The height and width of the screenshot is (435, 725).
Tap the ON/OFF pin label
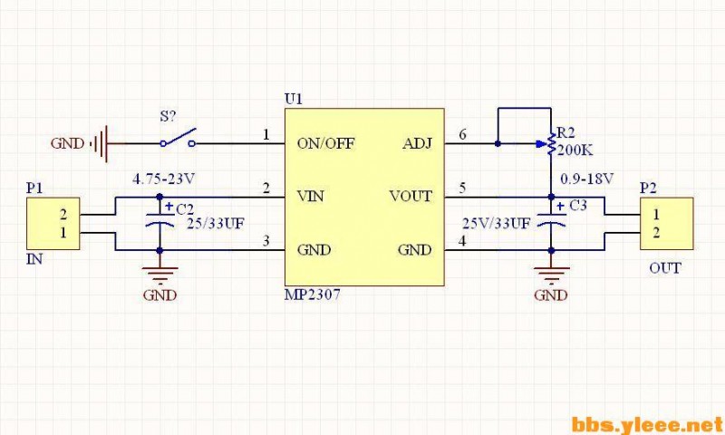click(x=325, y=143)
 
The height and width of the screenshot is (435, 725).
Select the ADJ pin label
click(x=416, y=143)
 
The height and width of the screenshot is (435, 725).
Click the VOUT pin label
click(x=411, y=196)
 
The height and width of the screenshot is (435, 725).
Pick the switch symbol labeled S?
click(x=179, y=140)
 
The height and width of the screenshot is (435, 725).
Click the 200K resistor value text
click(x=575, y=150)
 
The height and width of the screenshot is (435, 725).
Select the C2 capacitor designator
click(x=185, y=208)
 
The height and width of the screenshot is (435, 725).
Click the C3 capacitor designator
click(x=578, y=207)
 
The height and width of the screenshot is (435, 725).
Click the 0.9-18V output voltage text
click(x=588, y=178)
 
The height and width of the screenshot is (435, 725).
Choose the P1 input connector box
click(x=51, y=224)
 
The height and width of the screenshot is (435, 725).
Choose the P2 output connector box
click(x=667, y=224)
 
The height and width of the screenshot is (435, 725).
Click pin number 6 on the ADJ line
click(x=463, y=135)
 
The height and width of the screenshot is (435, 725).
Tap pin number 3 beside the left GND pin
click(x=266, y=241)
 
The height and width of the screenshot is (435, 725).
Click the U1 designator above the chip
click(x=292, y=98)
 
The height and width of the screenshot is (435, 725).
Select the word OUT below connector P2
click(x=665, y=268)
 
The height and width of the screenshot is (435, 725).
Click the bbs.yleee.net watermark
click(x=647, y=423)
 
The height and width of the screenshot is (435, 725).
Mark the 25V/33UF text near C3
click(x=496, y=223)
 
